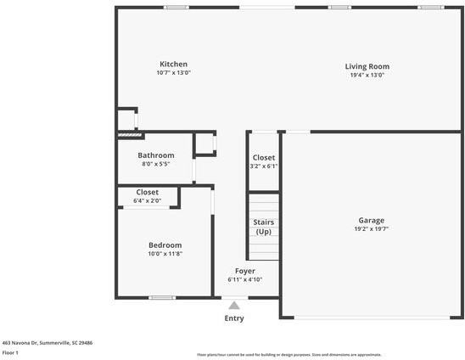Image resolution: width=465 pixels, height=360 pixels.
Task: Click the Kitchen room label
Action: tap(173, 65)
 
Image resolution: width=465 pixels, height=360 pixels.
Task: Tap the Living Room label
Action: tap(367, 66)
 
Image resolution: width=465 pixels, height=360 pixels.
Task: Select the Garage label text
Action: tap(370, 220)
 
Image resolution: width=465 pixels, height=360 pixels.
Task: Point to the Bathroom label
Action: tap(156, 155)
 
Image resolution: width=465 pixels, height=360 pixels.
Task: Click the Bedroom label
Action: tap(165, 245)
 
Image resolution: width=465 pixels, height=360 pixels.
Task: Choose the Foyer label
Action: tap(244, 271)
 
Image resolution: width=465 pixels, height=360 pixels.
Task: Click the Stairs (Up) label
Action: tap(263, 227)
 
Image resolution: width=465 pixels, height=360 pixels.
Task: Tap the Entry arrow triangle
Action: tap(234, 305)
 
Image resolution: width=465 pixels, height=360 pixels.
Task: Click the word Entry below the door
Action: tap(234, 318)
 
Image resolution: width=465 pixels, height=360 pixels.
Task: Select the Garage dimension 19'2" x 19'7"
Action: tap(370, 229)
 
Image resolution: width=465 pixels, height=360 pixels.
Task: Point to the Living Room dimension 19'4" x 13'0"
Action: tap(367, 75)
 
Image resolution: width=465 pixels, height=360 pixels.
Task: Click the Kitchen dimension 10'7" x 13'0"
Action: tap(173, 73)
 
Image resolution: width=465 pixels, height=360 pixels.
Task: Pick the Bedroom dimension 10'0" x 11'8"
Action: tap(165, 254)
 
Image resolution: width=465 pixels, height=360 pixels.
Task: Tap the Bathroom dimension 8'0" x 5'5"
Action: tap(156, 164)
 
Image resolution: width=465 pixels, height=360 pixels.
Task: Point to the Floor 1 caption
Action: tap(11, 352)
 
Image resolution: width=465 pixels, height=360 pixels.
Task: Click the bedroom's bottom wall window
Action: tap(161, 297)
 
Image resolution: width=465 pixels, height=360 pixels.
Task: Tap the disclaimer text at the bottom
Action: tap(289, 354)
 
